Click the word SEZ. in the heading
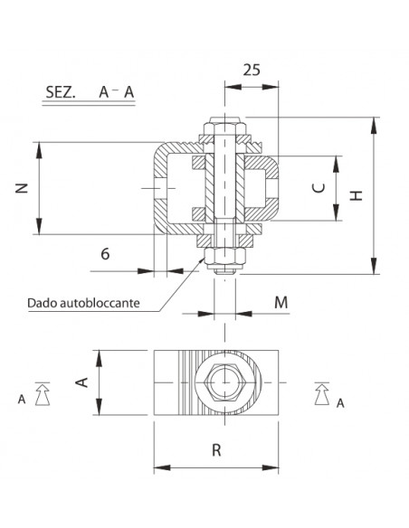tap(61, 91)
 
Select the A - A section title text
tap(118, 91)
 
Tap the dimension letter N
tap(23, 188)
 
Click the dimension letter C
tap(317, 188)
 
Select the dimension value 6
tap(105, 254)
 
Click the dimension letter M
tap(281, 301)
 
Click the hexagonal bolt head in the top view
tap(223, 383)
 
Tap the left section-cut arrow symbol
tap(40, 391)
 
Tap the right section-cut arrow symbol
tap(320, 391)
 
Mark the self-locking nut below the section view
tap(223, 260)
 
